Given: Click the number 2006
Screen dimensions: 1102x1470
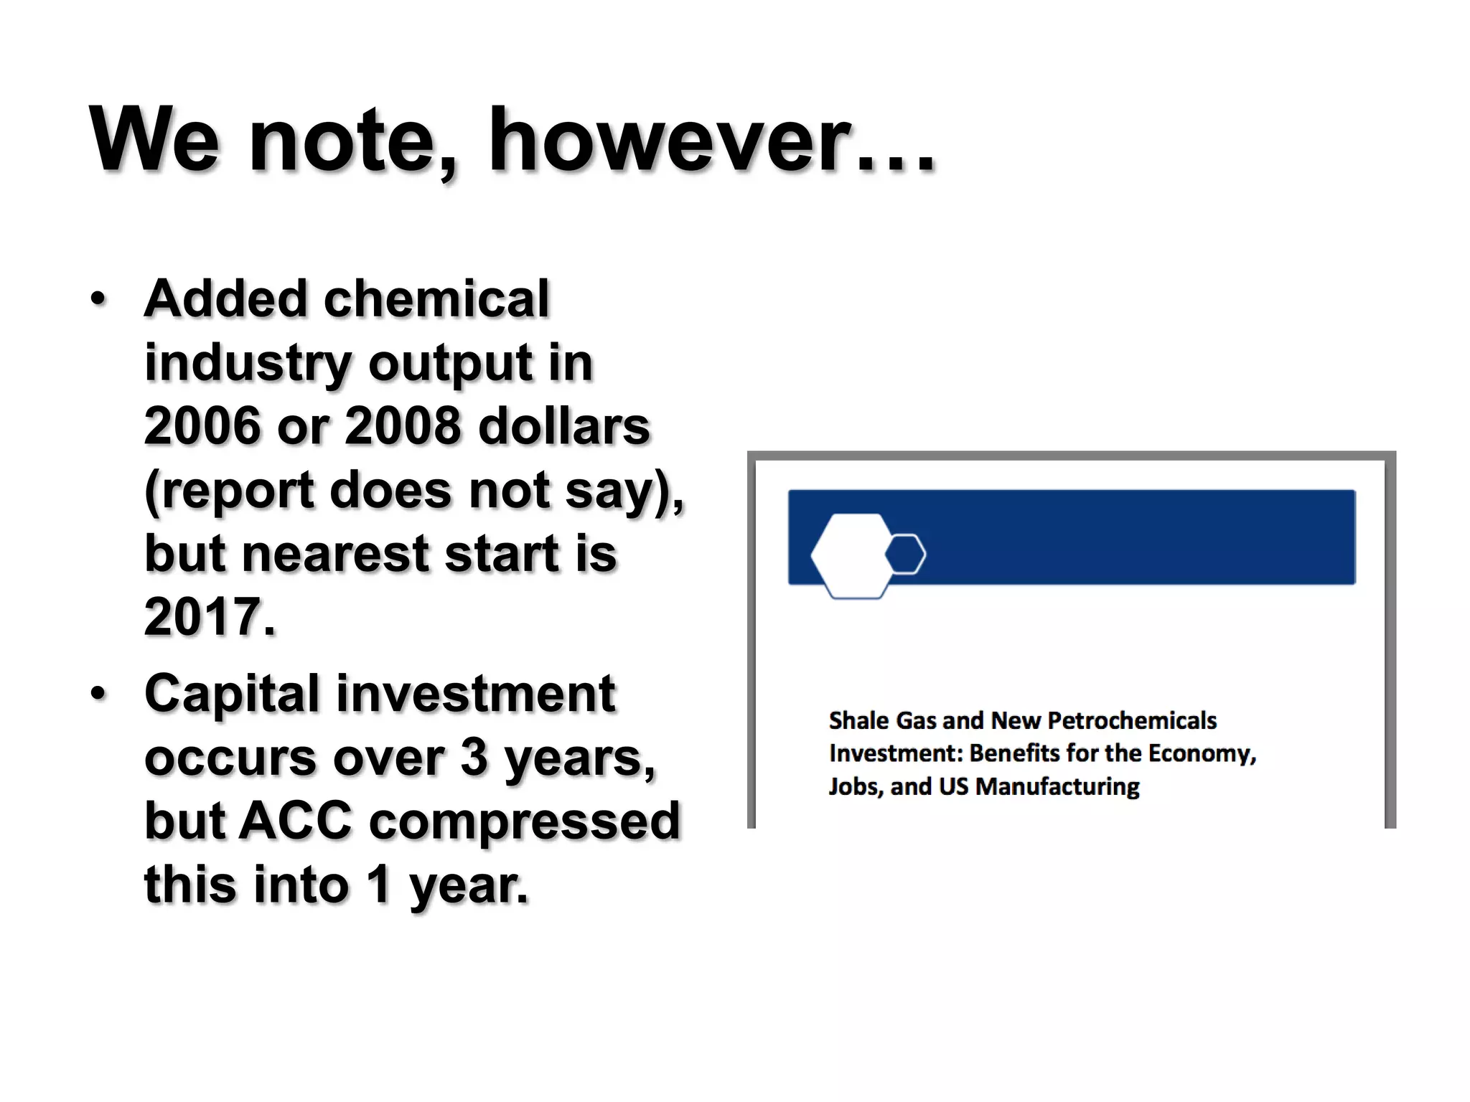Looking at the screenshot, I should click(x=202, y=426).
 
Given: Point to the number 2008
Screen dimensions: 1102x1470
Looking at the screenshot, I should click(x=403, y=426).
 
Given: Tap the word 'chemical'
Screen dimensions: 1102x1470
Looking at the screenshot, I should click(x=436, y=298).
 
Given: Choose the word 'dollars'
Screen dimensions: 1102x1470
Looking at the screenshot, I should click(x=564, y=426).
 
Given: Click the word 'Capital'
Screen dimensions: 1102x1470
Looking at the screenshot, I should click(x=231, y=694).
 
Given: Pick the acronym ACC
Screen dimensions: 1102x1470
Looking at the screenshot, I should click(x=295, y=821).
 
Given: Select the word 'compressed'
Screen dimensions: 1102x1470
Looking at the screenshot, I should click(x=524, y=821).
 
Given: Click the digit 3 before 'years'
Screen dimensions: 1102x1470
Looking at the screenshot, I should click(x=474, y=757).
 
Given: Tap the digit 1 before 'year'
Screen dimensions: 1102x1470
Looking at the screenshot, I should click(x=378, y=884).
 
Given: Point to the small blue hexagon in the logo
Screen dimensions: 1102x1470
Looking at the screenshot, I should click(x=906, y=554).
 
